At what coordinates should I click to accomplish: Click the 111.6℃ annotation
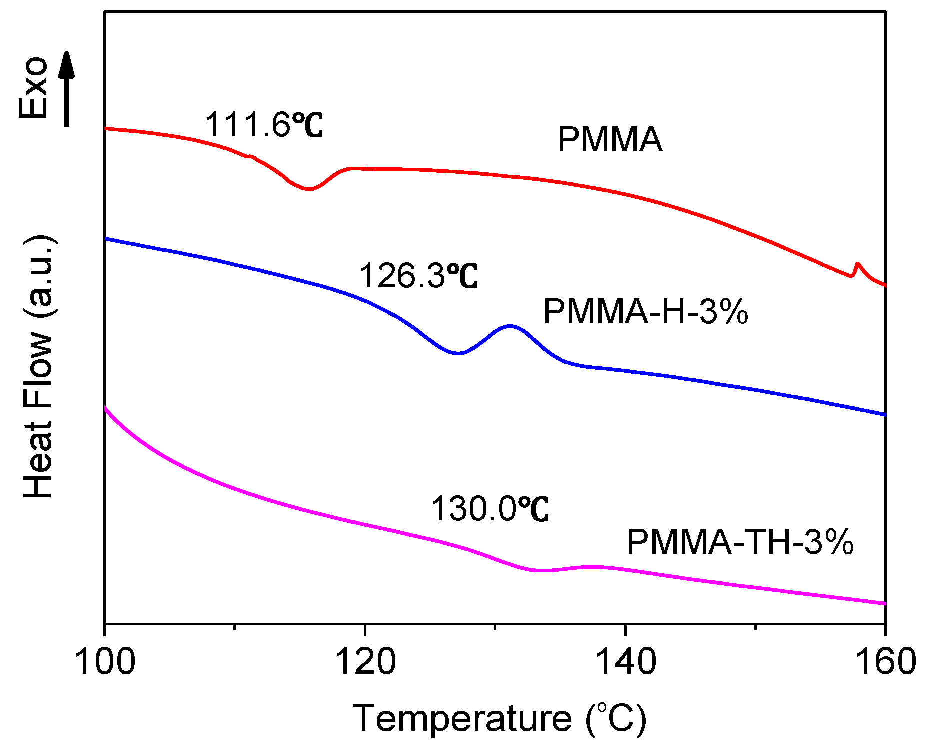click(263, 125)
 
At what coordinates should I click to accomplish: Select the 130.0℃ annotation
click(489, 509)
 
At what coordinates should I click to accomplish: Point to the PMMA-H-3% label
click(645, 312)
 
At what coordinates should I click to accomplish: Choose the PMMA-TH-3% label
click(740, 542)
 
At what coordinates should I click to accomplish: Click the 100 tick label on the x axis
click(105, 662)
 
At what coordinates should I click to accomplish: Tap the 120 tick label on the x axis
click(365, 662)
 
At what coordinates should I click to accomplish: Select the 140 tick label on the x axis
click(625, 662)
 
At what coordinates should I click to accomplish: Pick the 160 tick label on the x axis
click(885, 662)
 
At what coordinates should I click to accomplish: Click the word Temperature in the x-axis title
click(462, 718)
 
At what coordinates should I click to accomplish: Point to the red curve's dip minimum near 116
click(309, 189)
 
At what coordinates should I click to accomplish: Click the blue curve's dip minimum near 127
click(457, 353)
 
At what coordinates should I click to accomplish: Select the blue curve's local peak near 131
click(510, 326)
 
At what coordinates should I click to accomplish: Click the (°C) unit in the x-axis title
click(616, 718)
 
